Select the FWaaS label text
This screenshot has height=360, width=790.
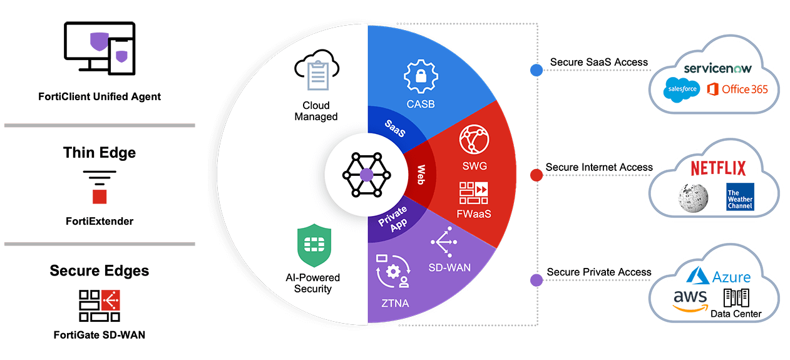[473, 213]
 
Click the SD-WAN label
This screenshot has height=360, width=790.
[449, 267]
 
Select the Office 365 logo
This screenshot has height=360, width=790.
[737, 90]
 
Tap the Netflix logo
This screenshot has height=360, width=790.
[718, 168]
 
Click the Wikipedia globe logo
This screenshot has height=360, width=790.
[692, 197]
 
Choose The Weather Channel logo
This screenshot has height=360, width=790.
[740, 196]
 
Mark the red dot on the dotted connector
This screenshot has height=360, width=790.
[536, 175]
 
